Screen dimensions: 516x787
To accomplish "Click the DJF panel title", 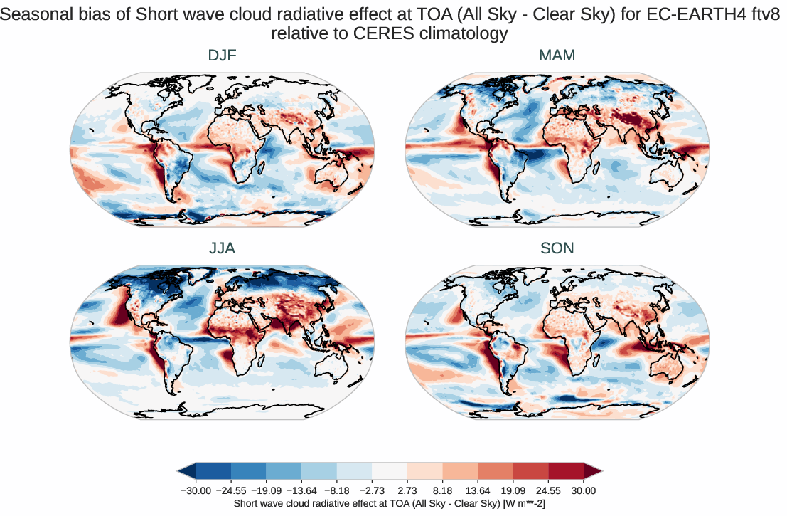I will coord(222,55).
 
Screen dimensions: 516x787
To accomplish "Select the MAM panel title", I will coord(557,55).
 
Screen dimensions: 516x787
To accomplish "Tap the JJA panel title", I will coord(222,248).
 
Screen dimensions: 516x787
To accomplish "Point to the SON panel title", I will coord(557,248).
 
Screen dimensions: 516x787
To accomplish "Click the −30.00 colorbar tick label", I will coord(196,490).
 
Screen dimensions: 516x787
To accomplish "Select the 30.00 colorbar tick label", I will coord(584,490).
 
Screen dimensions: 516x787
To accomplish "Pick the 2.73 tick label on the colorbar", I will coord(407,490).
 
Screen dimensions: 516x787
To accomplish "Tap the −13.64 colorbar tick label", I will coord(301,490).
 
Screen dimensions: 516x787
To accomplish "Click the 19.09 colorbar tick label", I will coord(513,490).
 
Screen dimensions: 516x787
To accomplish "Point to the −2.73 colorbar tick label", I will coord(372,490).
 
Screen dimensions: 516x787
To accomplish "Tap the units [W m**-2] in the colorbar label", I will coord(525,503).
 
